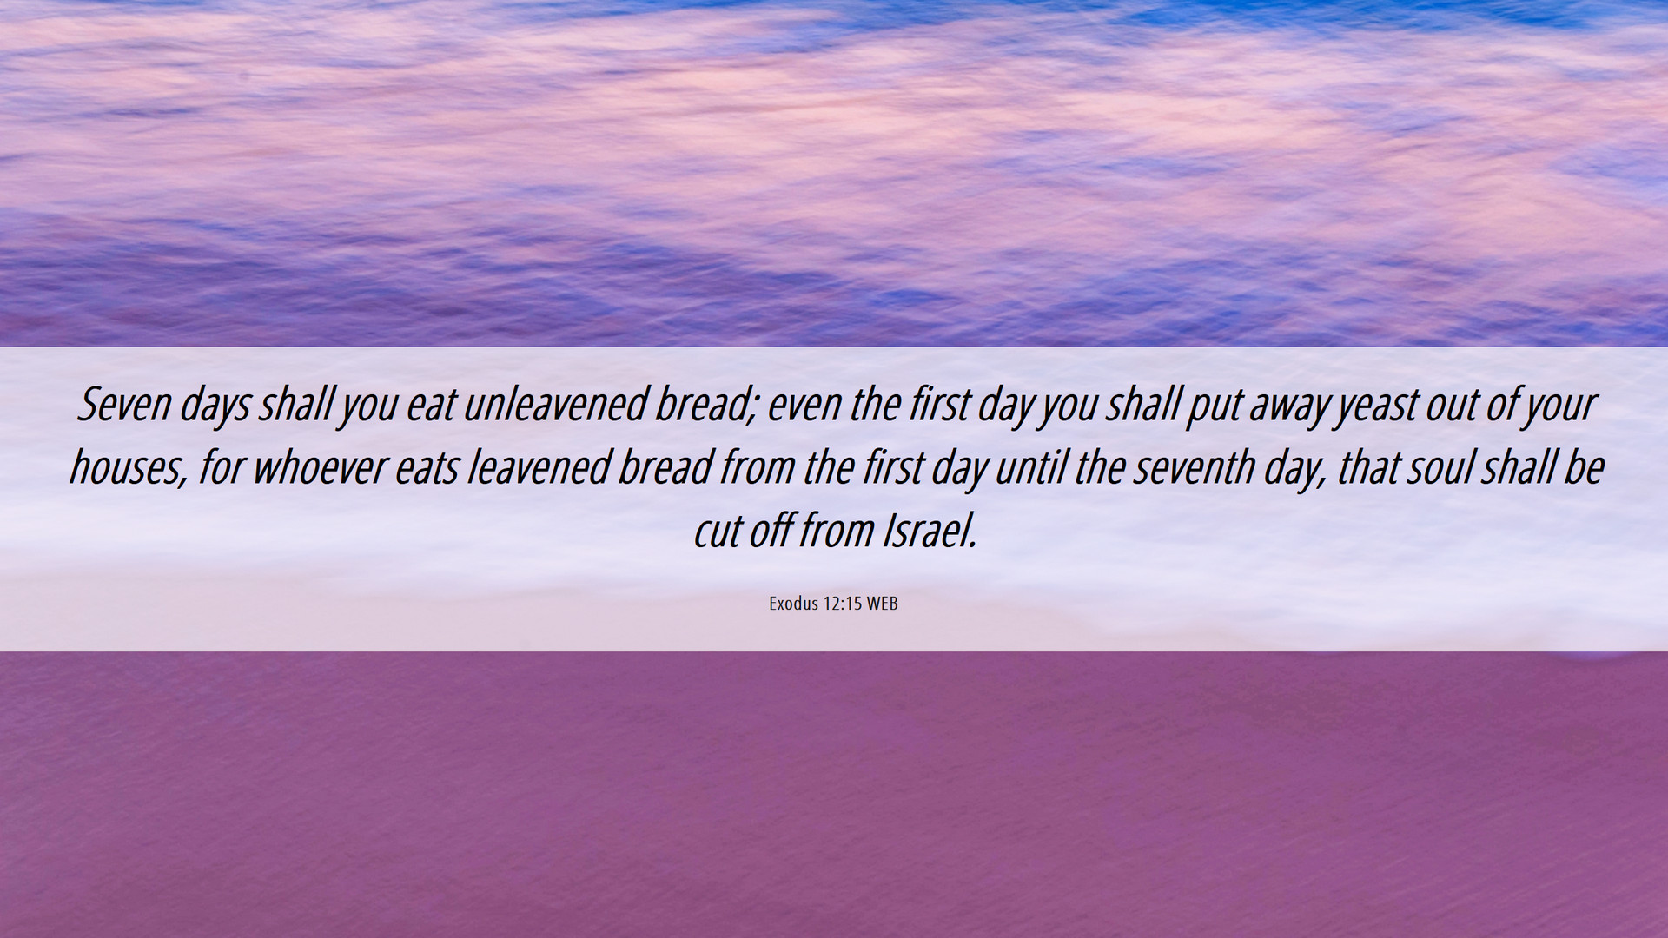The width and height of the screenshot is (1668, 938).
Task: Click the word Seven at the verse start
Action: pyautogui.click(x=124, y=405)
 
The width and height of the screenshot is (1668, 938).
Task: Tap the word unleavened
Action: pyautogui.click(x=556, y=405)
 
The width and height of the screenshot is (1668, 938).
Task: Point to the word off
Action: pyautogui.click(x=769, y=532)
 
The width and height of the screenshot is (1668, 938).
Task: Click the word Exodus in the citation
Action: pyautogui.click(x=793, y=604)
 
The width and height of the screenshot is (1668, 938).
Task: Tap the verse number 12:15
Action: pyautogui.click(x=842, y=604)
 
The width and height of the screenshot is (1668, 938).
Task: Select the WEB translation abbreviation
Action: pyautogui.click(x=882, y=604)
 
